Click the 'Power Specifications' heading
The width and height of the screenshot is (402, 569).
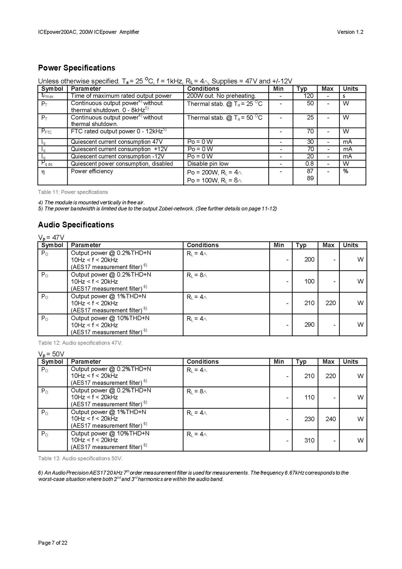pyautogui.click(x=76, y=68)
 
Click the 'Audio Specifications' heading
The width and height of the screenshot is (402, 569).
pyautogui.click(x=76, y=225)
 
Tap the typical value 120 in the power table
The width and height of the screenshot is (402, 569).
pyautogui.click(x=308, y=96)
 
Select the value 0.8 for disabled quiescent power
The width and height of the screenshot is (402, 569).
pyautogui.click(x=310, y=164)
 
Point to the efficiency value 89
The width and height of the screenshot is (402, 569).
pyautogui.click(x=310, y=178)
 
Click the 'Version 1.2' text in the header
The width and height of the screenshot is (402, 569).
pyautogui.click(x=350, y=32)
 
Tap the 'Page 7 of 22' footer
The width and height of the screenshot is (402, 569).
pyautogui.click(x=53, y=543)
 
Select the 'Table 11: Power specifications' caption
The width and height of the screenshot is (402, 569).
pyautogui.click(x=73, y=192)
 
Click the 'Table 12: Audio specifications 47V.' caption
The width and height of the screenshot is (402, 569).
pyautogui.click(x=80, y=343)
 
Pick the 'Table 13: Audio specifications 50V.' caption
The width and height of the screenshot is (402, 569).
pyautogui.click(x=80, y=458)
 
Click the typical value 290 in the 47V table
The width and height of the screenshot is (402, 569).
pyautogui.click(x=309, y=325)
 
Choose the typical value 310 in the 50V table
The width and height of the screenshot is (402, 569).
pyautogui.click(x=309, y=440)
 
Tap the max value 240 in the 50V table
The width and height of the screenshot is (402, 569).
pyautogui.click(x=330, y=419)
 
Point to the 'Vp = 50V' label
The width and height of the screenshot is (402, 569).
pyautogui.click(x=51, y=354)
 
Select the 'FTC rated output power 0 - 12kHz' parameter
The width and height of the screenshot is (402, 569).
pyautogui.click(x=118, y=131)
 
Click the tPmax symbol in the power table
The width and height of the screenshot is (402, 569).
pyautogui.click(x=47, y=96)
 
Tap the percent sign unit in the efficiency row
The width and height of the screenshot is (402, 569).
pyautogui.click(x=345, y=171)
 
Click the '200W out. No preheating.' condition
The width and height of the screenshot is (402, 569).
pyautogui.click(x=221, y=96)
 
